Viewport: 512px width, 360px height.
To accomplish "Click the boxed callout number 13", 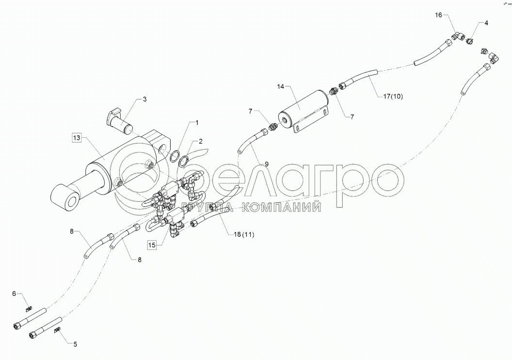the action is click(x=77, y=138).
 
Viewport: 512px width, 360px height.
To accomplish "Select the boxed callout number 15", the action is click(x=152, y=245).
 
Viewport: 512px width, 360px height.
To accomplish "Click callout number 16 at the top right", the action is click(x=438, y=15).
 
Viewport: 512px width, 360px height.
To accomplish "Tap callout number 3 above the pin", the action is click(x=144, y=99).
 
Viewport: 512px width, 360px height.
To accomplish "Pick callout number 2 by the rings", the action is click(x=200, y=141).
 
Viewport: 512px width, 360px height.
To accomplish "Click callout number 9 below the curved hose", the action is click(x=266, y=164).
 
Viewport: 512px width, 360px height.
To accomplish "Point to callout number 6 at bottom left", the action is click(x=14, y=293).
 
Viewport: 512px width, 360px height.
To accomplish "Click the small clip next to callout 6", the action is click(x=29, y=308).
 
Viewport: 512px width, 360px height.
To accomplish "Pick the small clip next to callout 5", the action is click(x=57, y=331).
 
